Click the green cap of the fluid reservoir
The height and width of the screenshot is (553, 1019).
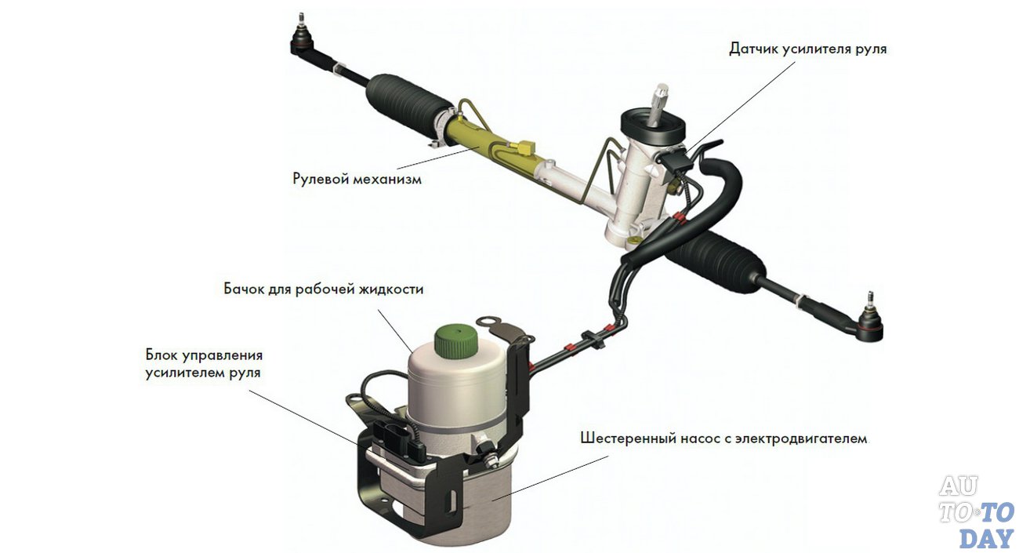tap(456, 339)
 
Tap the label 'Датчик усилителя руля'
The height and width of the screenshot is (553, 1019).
tap(808, 49)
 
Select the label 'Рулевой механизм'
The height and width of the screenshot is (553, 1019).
tap(357, 178)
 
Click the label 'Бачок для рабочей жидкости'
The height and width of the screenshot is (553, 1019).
tap(324, 289)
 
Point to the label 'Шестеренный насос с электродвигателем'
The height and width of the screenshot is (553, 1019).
tap(723, 438)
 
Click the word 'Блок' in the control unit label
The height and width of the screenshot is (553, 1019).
tap(162, 354)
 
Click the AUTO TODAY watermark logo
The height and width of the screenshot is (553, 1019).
tap(977, 512)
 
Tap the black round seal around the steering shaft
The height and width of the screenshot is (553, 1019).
tap(653, 127)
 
